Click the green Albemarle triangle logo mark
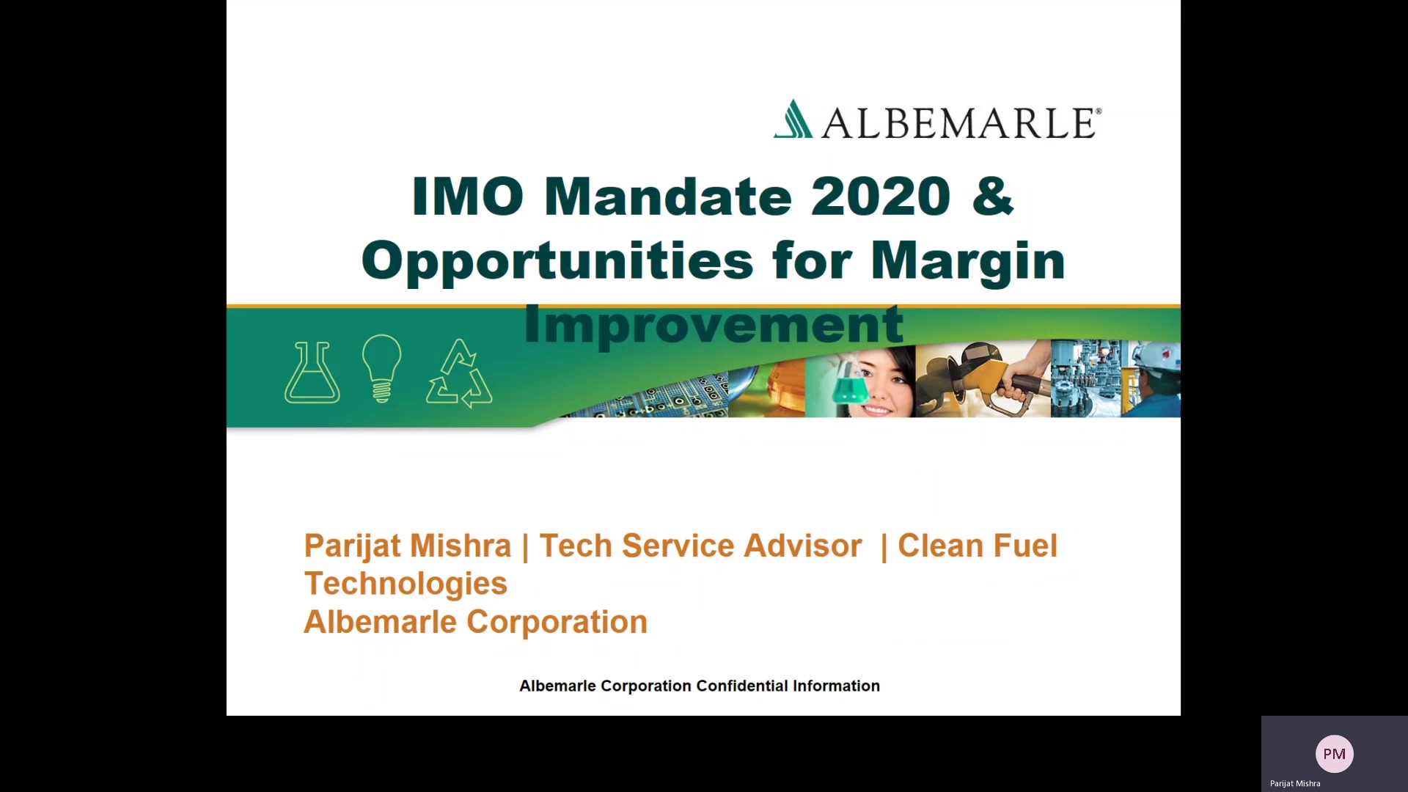pos(793,119)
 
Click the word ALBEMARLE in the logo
pos(961,123)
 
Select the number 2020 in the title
pos(881,197)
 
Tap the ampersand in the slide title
pos(993,197)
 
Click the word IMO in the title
pos(468,197)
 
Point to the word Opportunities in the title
pos(557,262)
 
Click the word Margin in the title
pos(968,262)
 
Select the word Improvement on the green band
pos(714,326)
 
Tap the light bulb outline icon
pos(381,369)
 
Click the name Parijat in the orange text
pos(352,547)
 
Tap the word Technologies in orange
pos(406,584)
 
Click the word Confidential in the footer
pos(742,686)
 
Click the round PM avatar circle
pos(1334,754)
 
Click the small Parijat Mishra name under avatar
pos(1295,784)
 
